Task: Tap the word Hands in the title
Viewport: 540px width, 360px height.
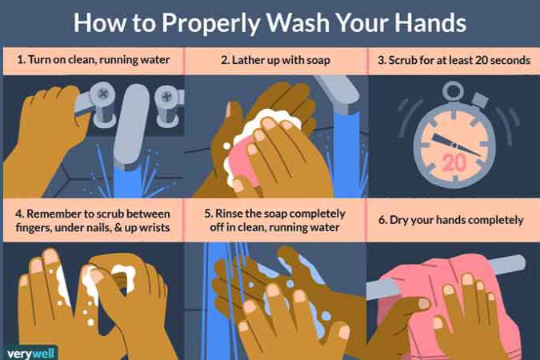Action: tap(430, 22)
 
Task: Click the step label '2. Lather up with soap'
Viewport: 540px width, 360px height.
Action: tap(275, 60)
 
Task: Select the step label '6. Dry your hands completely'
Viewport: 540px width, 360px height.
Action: tap(451, 220)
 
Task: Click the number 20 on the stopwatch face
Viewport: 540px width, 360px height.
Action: tap(454, 162)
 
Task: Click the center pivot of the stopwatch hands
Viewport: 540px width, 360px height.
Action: tap(454, 146)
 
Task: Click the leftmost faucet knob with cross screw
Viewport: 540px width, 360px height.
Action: tap(102, 102)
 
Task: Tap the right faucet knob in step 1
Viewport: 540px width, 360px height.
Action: tap(167, 105)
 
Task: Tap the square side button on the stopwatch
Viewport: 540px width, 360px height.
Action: tap(480, 99)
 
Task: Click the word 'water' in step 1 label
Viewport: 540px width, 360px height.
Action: tap(156, 60)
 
